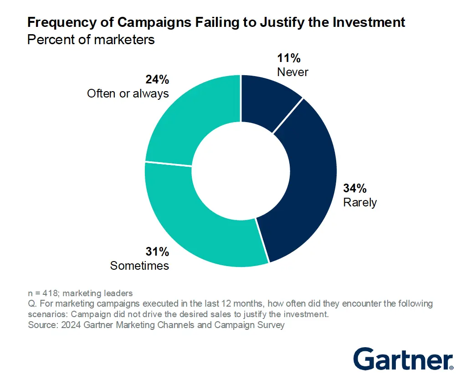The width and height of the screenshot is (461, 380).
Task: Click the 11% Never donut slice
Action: (x=267, y=98)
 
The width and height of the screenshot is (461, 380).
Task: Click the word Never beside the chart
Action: (x=292, y=72)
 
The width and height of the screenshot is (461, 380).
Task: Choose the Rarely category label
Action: (x=360, y=202)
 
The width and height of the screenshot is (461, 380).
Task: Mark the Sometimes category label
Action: (x=139, y=265)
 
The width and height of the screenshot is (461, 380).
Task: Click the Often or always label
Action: (x=128, y=93)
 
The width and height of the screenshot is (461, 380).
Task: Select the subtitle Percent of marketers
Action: (x=91, y=40)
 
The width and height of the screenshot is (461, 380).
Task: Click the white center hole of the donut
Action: (x=241, y=170)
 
